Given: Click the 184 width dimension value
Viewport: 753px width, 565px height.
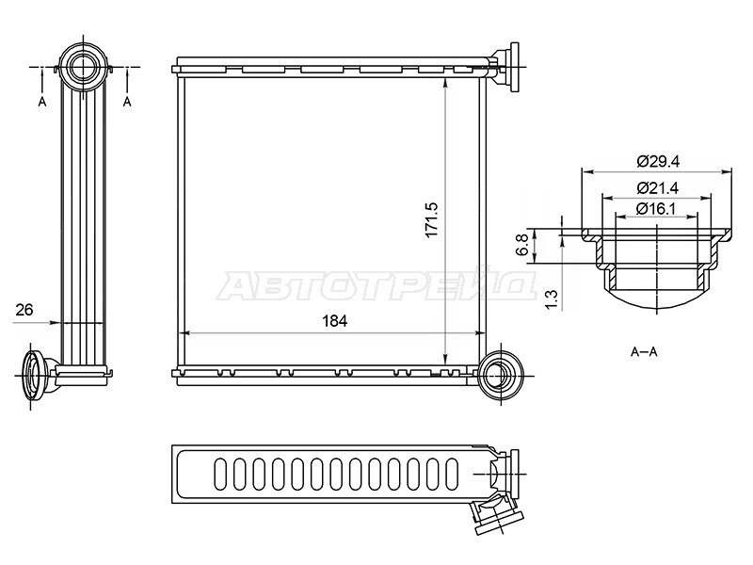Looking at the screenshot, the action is [x=335, y=321].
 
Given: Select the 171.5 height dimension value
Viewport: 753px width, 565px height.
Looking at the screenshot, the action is [x=431, y=219].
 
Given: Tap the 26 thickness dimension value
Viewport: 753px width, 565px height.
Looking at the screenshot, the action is [x=24, y=310].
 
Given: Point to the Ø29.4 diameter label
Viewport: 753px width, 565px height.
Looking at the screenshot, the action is [x=658, y=161].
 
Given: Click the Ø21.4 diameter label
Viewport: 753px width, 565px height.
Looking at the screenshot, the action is [x=657, y=187].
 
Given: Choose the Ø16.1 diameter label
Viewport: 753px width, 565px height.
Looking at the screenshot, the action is [x=656, y=209].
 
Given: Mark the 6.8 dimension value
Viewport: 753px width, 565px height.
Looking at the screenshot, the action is [x=522, y=245].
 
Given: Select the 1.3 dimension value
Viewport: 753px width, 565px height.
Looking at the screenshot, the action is [x=552, y=299].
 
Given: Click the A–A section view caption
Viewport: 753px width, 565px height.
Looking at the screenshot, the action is [x=644, y=351].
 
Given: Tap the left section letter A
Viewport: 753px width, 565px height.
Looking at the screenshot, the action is [x=42, y=102].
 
